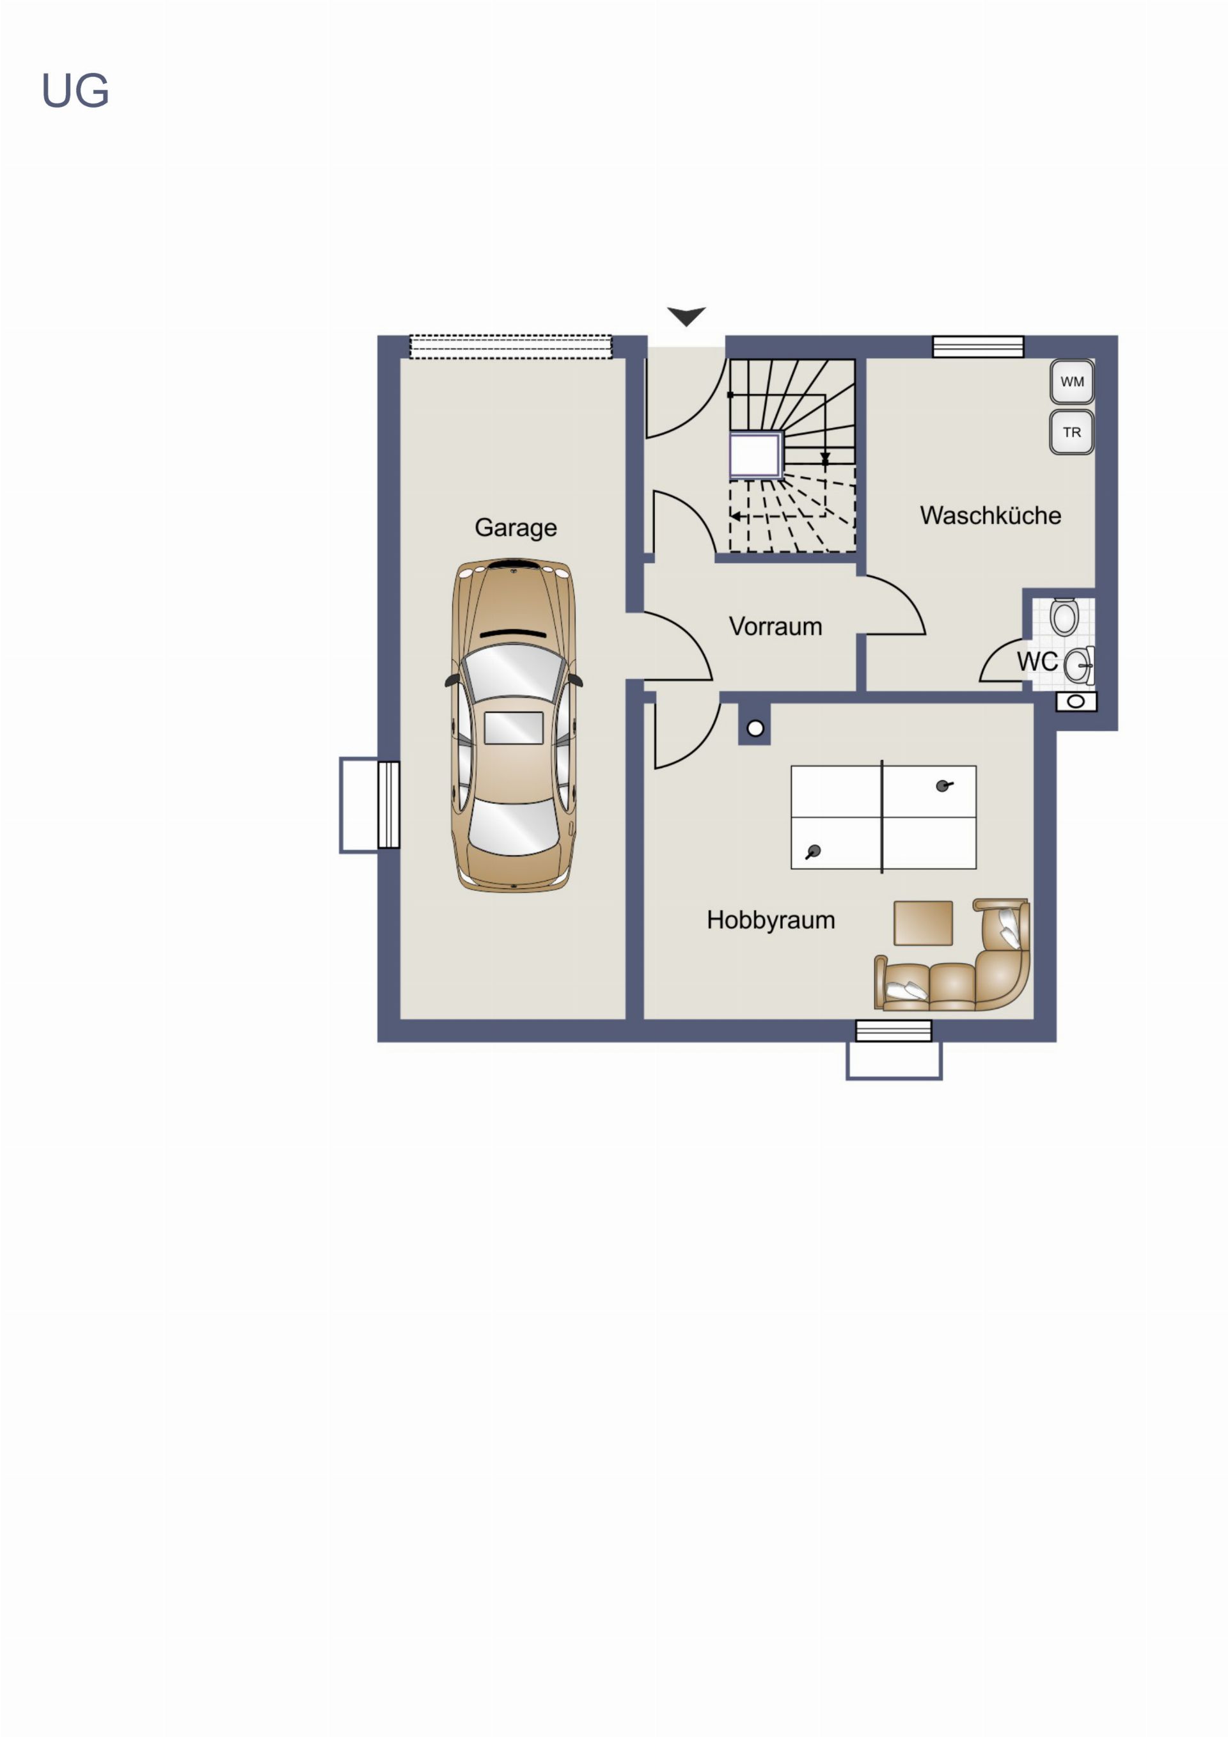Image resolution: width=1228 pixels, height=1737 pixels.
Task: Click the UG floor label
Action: click(x=75, y=91)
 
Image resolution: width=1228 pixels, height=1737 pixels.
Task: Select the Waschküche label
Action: click(x=991, y=515)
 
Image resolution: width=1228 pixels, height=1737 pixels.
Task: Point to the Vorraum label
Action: click(x=776, y=626)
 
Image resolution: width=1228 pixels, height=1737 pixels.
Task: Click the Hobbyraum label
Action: click(x=771, y=920)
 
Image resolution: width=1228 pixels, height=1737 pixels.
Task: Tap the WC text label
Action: click(x=1037, y=661)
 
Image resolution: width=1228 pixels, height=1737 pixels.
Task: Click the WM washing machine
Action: click(x=1072, y=381)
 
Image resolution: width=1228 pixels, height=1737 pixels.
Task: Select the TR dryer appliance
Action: click(x=1072, y=432)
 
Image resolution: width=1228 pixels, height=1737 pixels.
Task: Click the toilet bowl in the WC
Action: click(x=1064, y=616)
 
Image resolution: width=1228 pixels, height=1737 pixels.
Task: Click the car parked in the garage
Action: click(x=514, y=725)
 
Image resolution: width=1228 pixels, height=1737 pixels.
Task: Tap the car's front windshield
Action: click(x=514, y=671)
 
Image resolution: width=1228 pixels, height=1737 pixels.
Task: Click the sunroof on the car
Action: click(x=514, y=728)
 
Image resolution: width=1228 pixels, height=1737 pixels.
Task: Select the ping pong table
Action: click(x=884, y=817)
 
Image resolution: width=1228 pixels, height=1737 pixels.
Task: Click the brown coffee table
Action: click(x=923, y=923)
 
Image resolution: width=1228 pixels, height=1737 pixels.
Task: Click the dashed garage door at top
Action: click(x=511, y=347)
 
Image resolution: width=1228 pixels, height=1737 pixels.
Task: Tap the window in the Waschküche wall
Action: click(x=979, y=347)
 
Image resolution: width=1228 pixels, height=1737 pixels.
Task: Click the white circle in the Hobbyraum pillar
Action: click(x=755, y=728)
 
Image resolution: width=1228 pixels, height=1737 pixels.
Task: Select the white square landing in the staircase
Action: click(x=755, y=455)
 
